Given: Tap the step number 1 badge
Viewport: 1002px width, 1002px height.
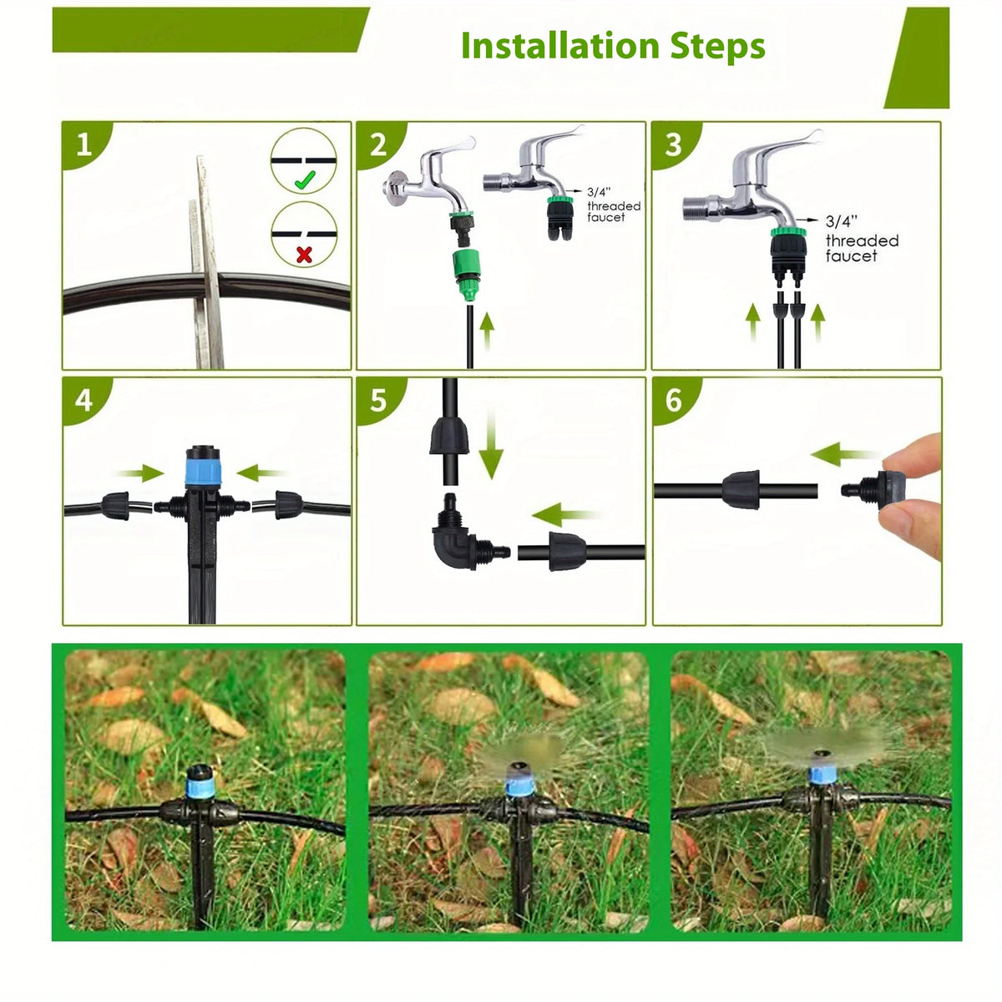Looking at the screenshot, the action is (85, 144).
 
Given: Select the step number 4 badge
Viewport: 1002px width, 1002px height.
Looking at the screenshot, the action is (85, 401).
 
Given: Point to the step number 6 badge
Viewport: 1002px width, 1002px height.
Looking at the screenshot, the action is (675, 401).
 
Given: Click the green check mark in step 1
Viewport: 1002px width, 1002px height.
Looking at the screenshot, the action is (305, 180).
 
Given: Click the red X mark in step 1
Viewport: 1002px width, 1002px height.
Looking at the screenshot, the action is (304, 255).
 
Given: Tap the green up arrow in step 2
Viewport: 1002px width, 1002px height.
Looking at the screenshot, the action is (487, 331).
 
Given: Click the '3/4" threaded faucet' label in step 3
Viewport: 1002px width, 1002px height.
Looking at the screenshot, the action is (862, 239).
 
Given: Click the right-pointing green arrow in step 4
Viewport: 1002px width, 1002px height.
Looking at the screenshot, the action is (140, 473).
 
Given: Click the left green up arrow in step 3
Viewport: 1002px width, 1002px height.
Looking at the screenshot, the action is (753, 323).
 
